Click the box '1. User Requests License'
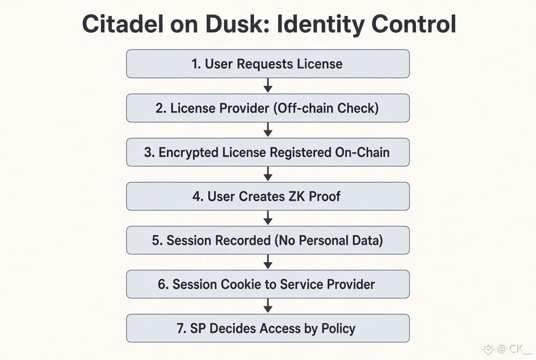(268, 64)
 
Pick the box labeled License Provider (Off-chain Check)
(268, 108)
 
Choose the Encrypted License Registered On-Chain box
(268, 152)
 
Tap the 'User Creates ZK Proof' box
(268, 196)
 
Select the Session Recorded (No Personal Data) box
(268, 240)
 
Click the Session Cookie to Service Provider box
(268, 284)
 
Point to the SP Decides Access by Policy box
(268, 328)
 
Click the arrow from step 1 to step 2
(268, 85)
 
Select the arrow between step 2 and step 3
(268, 129)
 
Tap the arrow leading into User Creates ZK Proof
(268, 174)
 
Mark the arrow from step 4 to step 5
(268, 218)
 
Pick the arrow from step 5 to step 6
(268, 262)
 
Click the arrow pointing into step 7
(268, 306)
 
